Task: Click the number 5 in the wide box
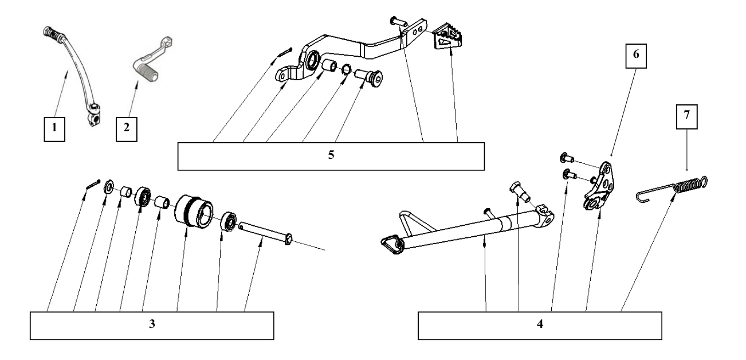click(x=331, y=156)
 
